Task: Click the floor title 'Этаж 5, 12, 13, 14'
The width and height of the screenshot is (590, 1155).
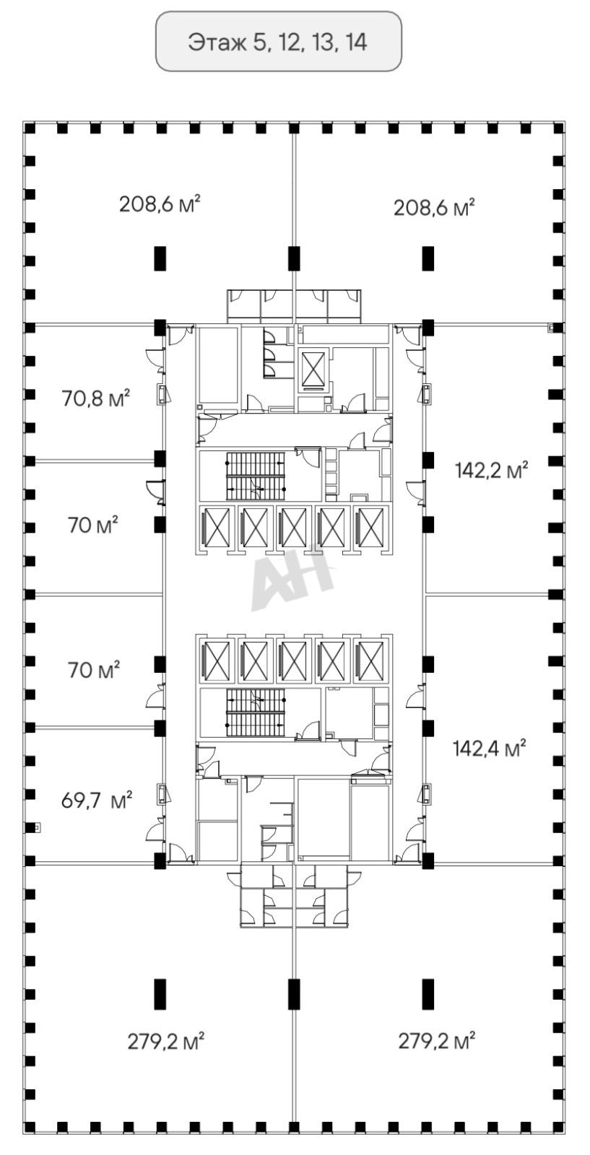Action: tap(278, 42)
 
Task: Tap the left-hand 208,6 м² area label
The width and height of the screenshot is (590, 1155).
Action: tap(160, 204)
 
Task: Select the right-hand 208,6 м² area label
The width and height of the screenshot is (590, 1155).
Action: tap(434, 208)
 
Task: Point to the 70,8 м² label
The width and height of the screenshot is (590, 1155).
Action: tap(96, 398)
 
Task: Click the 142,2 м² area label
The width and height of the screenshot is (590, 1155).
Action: tap(492, 470)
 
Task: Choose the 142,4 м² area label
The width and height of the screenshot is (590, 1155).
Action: tap(490, 748)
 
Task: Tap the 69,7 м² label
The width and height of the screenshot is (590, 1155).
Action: tap(97, 801)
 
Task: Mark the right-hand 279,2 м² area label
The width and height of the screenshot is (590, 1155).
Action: tap(436, 1041)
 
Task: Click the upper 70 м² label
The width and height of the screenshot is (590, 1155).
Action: tap(93, 525)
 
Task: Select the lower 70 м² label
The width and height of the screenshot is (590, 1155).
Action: tap(94, 671)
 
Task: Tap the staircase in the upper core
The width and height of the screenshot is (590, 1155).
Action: tap(256, 476)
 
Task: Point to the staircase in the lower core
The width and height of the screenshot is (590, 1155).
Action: tap(256, 714)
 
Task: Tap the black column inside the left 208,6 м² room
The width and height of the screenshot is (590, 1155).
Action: tap(161, 258)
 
